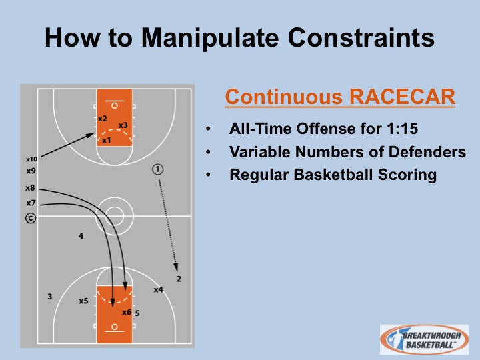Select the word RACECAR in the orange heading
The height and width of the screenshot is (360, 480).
tap(402, 97)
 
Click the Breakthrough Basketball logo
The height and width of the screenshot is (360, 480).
tap(424, 339)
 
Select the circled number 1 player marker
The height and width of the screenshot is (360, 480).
tap(157, 169)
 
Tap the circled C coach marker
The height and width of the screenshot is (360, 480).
tap(31, 218)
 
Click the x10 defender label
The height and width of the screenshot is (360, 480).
tap(31, 159)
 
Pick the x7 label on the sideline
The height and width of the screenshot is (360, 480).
tap(31, 203)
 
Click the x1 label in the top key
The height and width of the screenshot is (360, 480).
tap(106, 140)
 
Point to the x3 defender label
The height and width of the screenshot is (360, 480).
tap(123, 125)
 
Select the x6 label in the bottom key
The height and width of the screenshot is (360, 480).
tap(127, 312)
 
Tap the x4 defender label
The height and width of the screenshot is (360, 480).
tap(158, 289)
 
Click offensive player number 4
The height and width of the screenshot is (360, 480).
tap(81, 236)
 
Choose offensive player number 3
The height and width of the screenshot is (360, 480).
tap(49, 296)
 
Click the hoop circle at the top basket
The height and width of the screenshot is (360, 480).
tap(115, 105)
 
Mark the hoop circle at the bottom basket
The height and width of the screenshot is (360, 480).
tap(115, 327)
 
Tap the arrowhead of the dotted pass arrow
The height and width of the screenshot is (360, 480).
tap(176, 267)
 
